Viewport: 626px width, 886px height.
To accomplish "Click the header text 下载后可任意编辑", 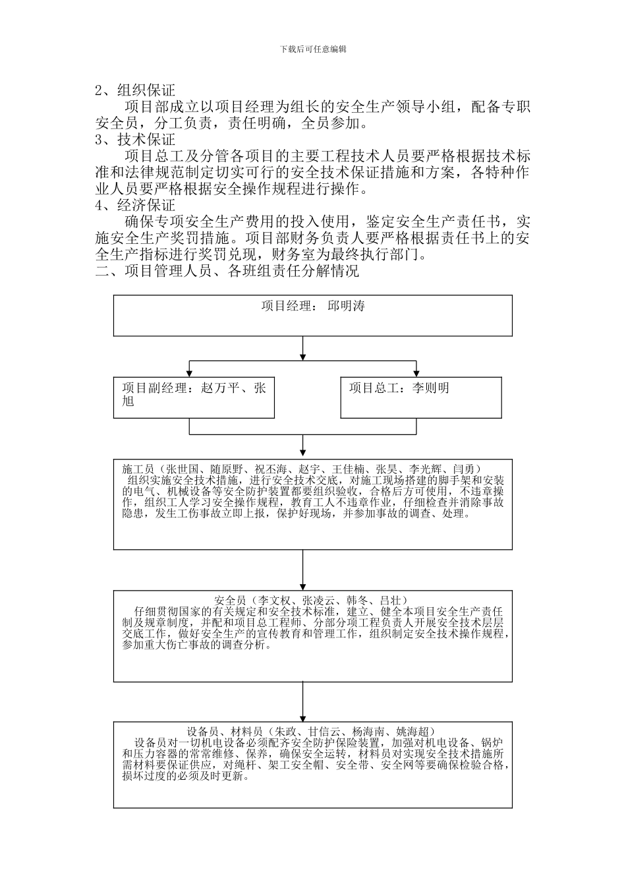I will [x=313, y=49].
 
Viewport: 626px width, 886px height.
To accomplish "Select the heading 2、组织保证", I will [x=135, y=90].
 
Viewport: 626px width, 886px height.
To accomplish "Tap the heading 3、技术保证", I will [x=135, y=140].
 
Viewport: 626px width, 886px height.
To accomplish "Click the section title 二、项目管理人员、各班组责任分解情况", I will [x=227, y=271].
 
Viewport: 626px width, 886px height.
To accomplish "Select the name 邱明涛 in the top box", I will [x=347, y=306].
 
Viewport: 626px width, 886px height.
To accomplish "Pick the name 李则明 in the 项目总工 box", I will [x=431, y=388].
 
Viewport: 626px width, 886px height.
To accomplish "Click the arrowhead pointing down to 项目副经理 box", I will [x=190, y=374].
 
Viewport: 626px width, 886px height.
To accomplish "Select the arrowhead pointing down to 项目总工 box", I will [x=416, y=374].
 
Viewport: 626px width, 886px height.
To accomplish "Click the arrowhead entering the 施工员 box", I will [x=302, y=456].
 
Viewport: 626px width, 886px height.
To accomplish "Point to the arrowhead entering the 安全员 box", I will [x=302, y=587].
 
